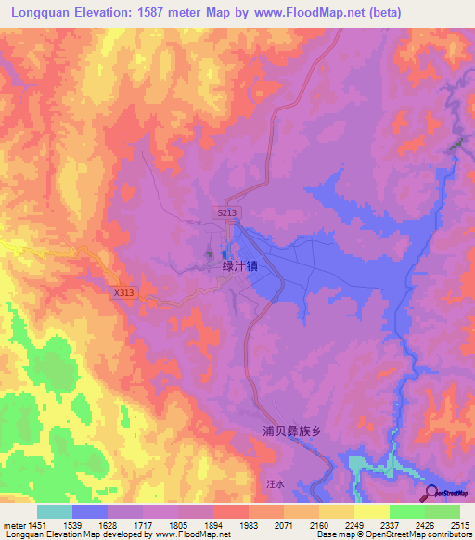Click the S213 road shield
click(228, 213)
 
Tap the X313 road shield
click(123, 292)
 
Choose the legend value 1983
click(249, 525)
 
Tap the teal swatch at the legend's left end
click(55, 511)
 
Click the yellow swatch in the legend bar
click(371, 511)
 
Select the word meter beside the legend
click(13, 525)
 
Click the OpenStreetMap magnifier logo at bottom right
click(431, 494)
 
